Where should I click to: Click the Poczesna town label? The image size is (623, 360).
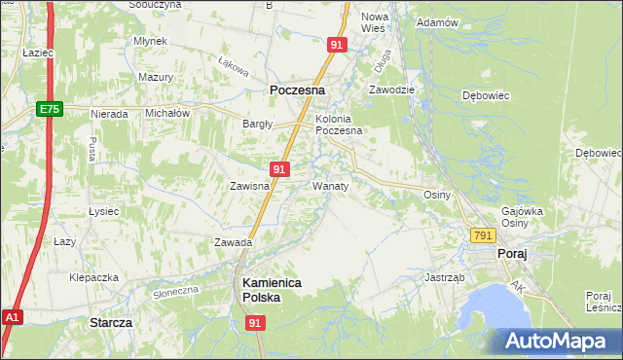(297, 90)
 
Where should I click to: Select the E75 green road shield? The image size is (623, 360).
(51, 110)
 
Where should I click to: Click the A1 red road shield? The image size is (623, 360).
(12, 317)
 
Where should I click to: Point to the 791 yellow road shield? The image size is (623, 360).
(483, 235)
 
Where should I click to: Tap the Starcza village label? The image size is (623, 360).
(110, 321)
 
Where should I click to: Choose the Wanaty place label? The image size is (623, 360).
(330, 184)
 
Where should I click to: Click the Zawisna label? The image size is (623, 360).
(248, 185)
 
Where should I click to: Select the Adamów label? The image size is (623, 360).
(436, 21)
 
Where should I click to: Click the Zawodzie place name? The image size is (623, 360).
(391, 89)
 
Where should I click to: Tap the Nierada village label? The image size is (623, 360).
(109, 114)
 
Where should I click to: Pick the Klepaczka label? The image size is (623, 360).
(93, 277)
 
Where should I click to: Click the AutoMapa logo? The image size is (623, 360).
(560, 341)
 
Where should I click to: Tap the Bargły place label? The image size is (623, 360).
(258, 124)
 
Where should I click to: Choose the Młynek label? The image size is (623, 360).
(152, 41)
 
